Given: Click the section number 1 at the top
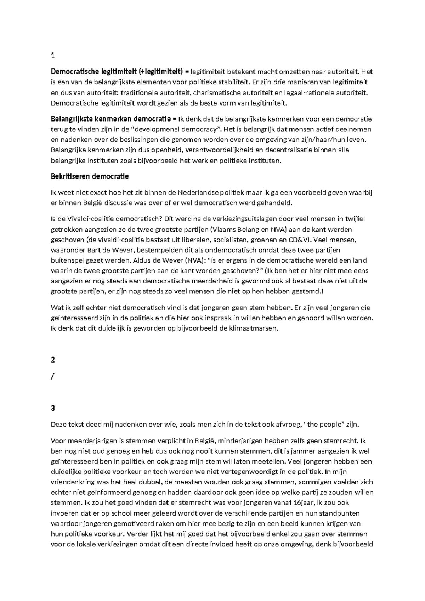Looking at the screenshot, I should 53,55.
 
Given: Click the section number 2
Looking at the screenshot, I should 53,360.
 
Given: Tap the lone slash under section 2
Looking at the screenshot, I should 52,376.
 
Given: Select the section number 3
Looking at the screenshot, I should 53,408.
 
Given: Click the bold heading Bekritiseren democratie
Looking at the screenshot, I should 90,176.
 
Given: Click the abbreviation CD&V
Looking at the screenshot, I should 299,240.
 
